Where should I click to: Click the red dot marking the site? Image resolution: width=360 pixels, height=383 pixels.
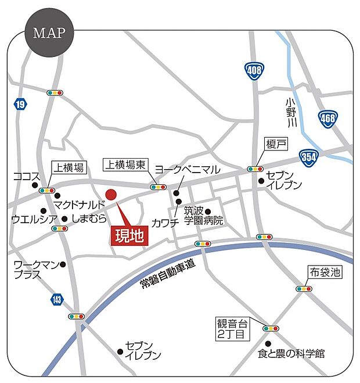click(111, 194)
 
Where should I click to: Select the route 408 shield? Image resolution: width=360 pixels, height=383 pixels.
click(254, 71)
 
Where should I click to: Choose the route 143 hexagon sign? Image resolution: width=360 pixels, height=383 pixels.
click(56, 299)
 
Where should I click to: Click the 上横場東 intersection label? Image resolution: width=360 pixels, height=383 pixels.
click(125, 166)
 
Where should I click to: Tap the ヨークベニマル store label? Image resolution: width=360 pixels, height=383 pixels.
click(187, 170)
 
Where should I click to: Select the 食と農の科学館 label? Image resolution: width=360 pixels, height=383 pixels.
click(291, 353)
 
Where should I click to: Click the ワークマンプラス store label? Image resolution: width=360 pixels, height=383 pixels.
click(35, 270)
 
